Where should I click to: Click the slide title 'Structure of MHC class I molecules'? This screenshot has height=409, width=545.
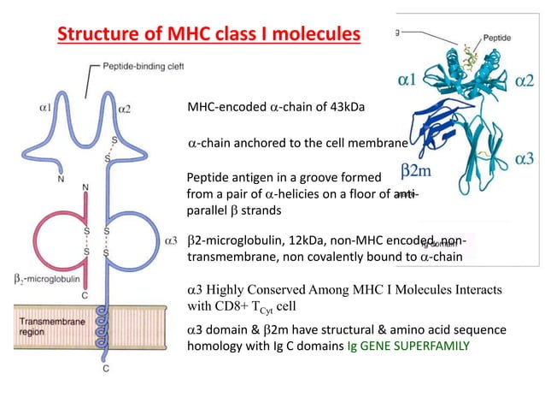pyautogui.click(x=208, y=35)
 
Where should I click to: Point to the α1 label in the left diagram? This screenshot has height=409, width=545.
pyautogui.click(x=45, y=109)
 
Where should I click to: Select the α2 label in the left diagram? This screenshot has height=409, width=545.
pyautogui.click(x=124, y=109)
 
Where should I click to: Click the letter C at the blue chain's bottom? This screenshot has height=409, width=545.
pyautogui.click(x=106, y=370)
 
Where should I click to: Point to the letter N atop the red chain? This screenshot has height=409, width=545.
pyautogui.click(x=84, y=186)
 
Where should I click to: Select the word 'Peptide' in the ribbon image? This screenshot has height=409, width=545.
pyautogui.click(x=498, y=38)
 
